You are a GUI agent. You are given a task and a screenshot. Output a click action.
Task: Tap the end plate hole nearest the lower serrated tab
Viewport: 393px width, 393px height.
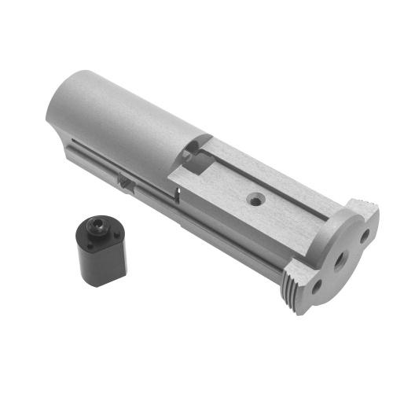(315, 288)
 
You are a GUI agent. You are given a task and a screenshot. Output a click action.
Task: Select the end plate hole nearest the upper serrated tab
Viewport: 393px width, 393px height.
(365, 234)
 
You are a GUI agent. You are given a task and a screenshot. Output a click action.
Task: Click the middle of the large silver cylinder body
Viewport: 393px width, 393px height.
(126, 118)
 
